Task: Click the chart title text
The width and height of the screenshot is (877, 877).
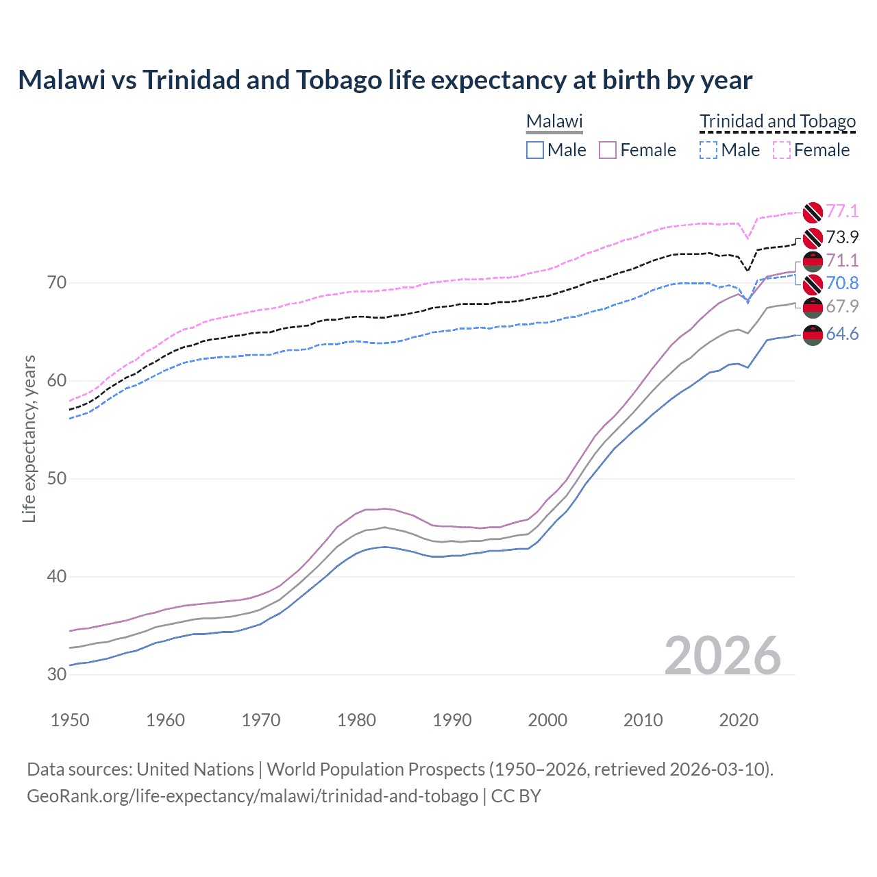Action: point(385,80)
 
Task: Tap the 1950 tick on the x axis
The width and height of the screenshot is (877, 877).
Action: point(70,720)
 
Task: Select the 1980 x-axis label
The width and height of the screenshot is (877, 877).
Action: point(356,720)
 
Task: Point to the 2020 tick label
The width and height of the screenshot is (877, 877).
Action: point(739,720)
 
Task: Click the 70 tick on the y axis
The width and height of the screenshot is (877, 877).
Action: point(57,282)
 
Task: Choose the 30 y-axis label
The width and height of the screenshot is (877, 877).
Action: point(57,674)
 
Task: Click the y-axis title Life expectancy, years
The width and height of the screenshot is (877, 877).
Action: point(29,438)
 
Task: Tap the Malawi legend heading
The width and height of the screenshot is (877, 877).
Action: point(554,121)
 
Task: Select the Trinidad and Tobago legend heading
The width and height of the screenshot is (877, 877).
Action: point(778,121)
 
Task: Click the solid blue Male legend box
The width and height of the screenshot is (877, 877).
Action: point(535,150)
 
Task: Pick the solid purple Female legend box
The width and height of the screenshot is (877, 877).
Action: point(608,150)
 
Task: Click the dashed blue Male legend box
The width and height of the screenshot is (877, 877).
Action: point(708,150)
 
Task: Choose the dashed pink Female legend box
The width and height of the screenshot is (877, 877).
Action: point(782,150)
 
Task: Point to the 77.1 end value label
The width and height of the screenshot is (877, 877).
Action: point(842,211)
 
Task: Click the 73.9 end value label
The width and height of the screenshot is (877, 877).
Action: point(842,237)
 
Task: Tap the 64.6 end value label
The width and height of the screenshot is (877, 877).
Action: point(842,334)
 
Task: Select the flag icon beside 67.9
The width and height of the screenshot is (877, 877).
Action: point(813,308)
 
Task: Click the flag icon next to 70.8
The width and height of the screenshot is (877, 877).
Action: point(813,284)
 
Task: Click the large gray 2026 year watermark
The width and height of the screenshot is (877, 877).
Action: point(723,656)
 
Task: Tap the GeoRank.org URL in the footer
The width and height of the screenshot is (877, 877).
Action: point(252,796)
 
